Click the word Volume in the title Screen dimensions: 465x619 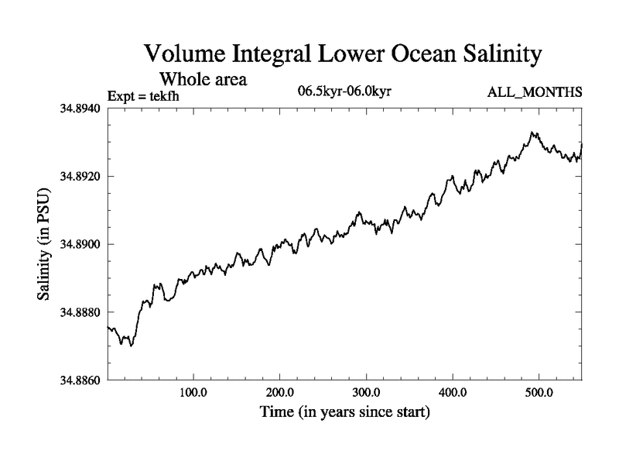pyautogui.click(x=192, y=56)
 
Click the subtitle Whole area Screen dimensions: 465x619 pyautogui.click(x=203, y=79)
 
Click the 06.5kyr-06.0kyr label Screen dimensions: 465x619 pyautogui.click(x=344, y=92)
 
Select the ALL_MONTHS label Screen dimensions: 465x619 pyautogui.click(x=534, y=93)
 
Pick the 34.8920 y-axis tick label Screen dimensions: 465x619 pyautogui.click(x=80, y=176)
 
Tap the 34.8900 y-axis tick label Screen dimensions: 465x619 pyautogui.click(x=80, y=244)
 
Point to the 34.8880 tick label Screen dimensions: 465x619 pyautogui.click(x=80, y=312)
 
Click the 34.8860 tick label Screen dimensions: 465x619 pyautogui.click(x=80, y=381)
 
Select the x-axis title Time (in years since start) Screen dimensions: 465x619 pyautogui.click(x=344, y=412)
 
